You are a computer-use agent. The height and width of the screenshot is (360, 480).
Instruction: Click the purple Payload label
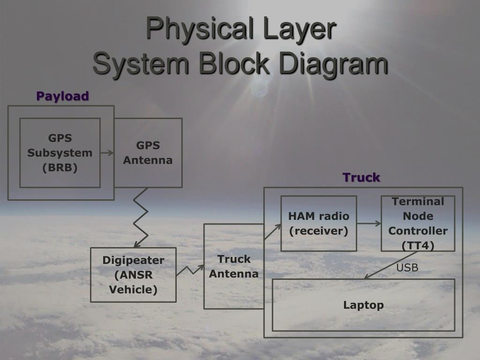[62, 96]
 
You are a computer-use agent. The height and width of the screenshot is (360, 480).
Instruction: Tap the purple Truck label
[361, 178]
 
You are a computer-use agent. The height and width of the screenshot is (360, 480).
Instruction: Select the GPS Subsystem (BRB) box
[60, 153]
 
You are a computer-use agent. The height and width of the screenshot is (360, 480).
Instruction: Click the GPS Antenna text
[148, 153]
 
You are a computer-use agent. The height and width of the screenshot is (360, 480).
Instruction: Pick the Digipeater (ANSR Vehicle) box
[133, 275]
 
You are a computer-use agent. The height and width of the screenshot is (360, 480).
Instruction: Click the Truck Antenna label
[233, 266]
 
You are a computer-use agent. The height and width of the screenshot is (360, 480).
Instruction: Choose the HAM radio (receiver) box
[318, 223]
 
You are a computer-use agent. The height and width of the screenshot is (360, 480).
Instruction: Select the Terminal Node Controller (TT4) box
[418, 223]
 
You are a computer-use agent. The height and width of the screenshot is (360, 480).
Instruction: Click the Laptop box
[363, 305]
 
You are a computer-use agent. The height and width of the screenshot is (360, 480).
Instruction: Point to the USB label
[407, 268]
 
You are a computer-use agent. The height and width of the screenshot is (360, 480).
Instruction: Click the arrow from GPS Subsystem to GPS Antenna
[107, 152]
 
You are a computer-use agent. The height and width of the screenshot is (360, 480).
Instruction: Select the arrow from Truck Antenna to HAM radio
[272, 231]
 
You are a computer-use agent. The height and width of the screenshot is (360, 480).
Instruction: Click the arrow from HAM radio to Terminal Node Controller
[369, 223]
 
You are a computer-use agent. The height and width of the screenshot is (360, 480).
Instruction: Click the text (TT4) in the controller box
[418, 246]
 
